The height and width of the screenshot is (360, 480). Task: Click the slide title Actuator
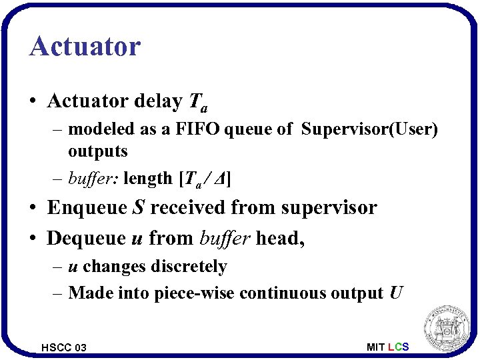[85, 47]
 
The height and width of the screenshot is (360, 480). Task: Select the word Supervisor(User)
[369, 129]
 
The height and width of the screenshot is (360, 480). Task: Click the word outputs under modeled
[97, 151]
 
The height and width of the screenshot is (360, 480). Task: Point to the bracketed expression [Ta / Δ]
[204, 179]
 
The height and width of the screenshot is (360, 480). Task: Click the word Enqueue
[87, 208]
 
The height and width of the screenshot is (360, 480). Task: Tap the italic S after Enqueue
[139, 207]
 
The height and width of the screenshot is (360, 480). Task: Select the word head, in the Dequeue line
[281, 238]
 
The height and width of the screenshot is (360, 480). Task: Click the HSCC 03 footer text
[63, 347]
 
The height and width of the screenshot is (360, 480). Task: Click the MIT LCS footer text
[387, 347]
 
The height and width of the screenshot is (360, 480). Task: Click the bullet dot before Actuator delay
[33, 102]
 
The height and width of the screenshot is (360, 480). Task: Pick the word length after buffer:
[148, 179]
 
